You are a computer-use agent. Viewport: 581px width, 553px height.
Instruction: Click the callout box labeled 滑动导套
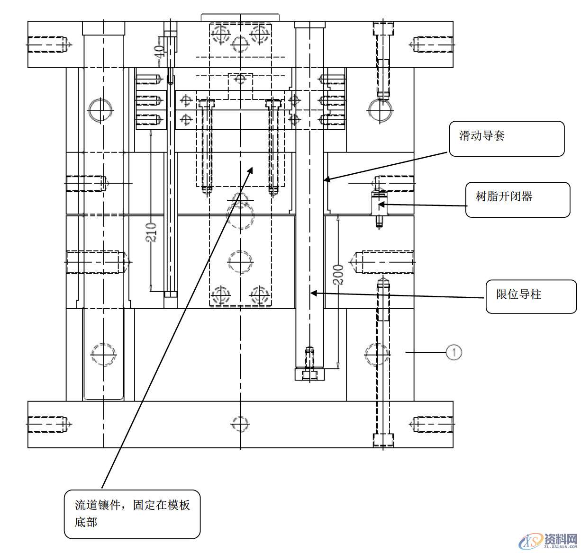[506, 138]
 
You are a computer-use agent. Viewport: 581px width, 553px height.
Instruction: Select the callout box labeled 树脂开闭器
[517, 199]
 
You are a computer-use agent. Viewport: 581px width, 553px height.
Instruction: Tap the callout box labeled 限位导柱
[531, 296]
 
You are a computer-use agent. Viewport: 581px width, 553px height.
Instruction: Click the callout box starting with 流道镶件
[132, 514]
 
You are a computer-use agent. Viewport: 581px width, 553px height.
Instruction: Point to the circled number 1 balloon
[454, 352]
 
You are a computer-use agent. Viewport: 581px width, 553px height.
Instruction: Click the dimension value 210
[151, 232]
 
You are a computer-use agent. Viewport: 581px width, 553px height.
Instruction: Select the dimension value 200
[338, 275]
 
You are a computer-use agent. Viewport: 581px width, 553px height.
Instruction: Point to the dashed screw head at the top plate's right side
[383, 29]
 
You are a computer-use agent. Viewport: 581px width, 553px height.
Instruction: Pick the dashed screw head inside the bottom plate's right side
[383, 439]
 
